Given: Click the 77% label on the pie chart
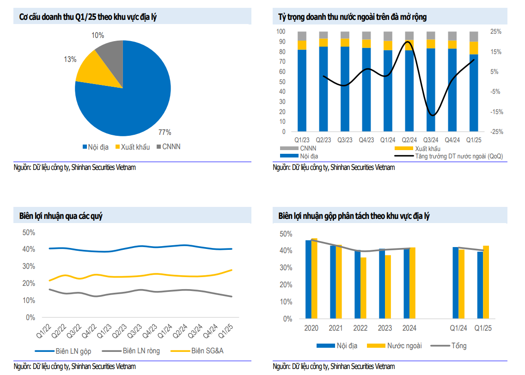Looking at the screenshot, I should pos(165,133).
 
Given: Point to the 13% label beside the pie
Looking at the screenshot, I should pos(70,59).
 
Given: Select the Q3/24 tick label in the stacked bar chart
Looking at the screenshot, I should pos(431,139).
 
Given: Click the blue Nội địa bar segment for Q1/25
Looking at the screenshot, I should pos(474,92).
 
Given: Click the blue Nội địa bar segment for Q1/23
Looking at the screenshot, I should pos(302,90).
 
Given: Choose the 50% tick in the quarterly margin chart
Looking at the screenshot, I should pos(29,232).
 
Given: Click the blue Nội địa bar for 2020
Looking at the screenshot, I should pos(308,279).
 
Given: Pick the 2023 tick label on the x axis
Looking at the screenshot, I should pos(385,328).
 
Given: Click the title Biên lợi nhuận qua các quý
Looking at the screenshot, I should pos(64,216).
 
